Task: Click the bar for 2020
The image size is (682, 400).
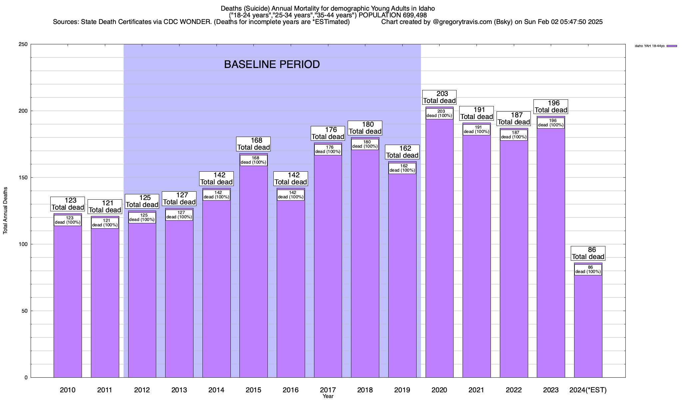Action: coord(439,250)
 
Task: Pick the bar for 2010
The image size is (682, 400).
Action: coord(68,300)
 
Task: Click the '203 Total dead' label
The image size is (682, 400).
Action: coord(439,97)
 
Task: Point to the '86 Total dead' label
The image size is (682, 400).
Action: coord(588,253)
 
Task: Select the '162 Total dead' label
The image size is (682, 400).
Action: coord(402,152)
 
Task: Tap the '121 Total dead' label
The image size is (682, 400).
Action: coord(105,207)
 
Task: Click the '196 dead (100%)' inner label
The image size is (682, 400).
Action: coord(551,123)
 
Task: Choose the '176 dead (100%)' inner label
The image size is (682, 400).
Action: coord(328,150)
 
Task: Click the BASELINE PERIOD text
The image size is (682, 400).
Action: coord(272,64)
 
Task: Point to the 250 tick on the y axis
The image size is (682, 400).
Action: coord(25,44)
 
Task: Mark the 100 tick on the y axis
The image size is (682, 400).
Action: coord(25,244)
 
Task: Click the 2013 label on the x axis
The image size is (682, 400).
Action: coord(179,390)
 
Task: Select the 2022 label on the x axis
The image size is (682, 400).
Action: coord(513,390)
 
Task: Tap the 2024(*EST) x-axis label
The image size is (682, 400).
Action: coord(588,390)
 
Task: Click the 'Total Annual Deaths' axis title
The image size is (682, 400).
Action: coord(5,211)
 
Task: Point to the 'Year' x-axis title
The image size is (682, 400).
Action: coord(328,396)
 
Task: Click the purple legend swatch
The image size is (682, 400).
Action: coord(672,46)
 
